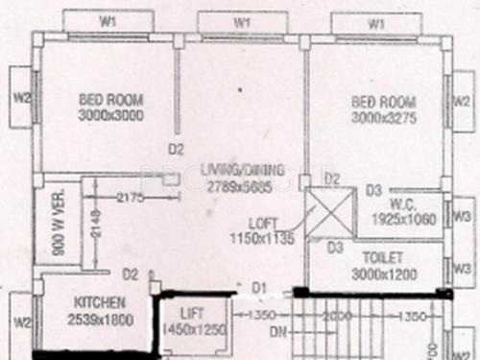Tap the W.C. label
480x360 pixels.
click(403, 204)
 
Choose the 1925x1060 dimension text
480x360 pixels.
click(403, 220)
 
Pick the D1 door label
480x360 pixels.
click(259, 286)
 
